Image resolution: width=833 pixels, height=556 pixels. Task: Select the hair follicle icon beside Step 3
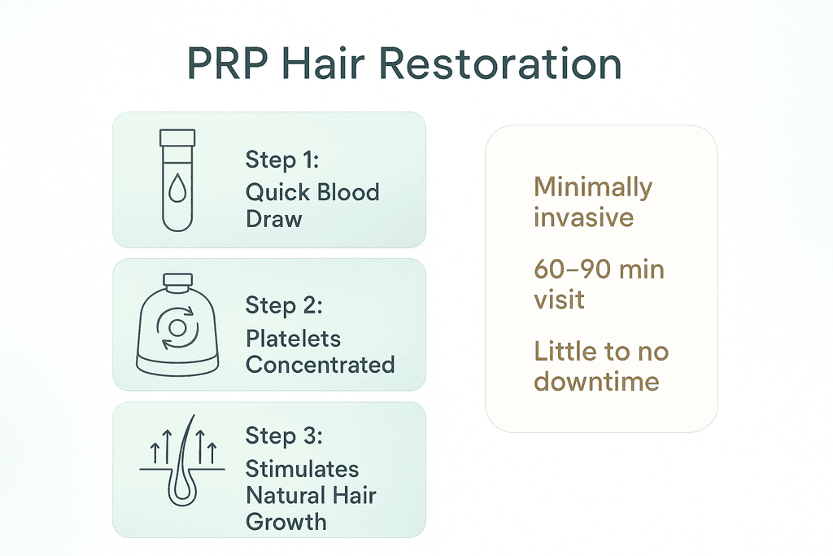[182, 463]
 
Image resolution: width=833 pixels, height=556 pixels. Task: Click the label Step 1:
[283, 160]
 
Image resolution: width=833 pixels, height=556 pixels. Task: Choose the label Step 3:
[284, 436]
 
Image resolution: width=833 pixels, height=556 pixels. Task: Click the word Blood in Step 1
[347, 193]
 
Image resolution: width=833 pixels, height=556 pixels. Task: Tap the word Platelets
[293, 338]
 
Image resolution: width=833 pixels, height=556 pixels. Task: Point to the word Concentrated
[320, 364]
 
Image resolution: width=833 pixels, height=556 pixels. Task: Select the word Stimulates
[302, 469]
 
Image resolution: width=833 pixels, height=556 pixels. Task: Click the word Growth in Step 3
[286, 521]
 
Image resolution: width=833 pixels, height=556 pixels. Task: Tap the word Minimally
[592, 187]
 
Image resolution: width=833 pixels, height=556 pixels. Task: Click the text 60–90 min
[599, 269]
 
